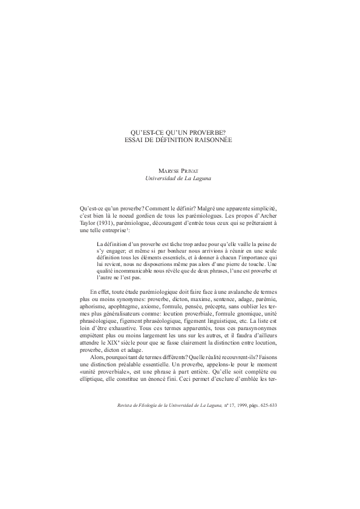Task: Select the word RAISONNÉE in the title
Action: [x=211, y=139]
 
